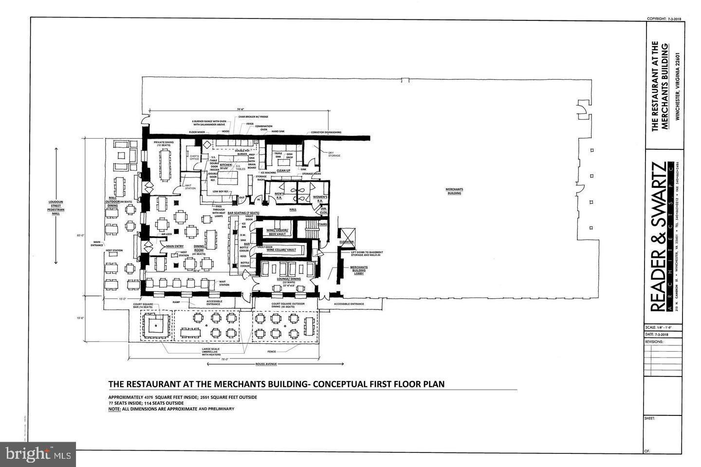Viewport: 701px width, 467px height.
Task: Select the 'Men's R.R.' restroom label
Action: click(279, 196)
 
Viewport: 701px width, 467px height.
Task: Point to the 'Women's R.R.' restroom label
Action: click(323, 198)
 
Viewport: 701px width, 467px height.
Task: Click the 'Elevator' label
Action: click(347, 242)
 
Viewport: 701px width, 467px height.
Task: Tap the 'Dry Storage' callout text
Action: click(334, 154)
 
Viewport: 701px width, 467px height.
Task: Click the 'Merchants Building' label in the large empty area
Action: click(454, 191)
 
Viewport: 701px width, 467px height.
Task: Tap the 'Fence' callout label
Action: click(272, 351)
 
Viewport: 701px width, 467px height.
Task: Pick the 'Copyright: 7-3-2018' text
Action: click(664, 18)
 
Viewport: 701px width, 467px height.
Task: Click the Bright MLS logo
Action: click(37, 454)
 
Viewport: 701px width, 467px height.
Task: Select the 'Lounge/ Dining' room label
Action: click(289, 279)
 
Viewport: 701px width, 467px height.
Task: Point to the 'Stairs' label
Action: click(322, 225)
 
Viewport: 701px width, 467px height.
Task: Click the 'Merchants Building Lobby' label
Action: click(359, 270)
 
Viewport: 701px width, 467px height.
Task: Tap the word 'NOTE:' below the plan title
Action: click(114, 409)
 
